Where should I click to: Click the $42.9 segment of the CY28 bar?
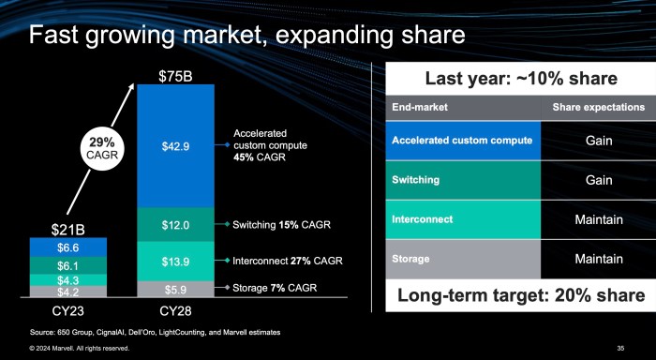pyautogui.click(x=175, y=145)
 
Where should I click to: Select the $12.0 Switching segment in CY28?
pyautogui.click(x=175, y=225)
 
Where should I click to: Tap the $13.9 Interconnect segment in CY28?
pyautogui.click(x=175, y=261)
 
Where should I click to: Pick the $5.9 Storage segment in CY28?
pyautogui.click(x=175, y=289)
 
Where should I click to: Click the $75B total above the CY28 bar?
pyautogui.click(x=174, y=74)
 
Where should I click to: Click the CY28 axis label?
pyautogui.click(x=175, y=308)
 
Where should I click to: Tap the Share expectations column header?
pyautogui.click(x=598, y=107)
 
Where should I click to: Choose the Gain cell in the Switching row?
pyautogui.click(x=598, y=180)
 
